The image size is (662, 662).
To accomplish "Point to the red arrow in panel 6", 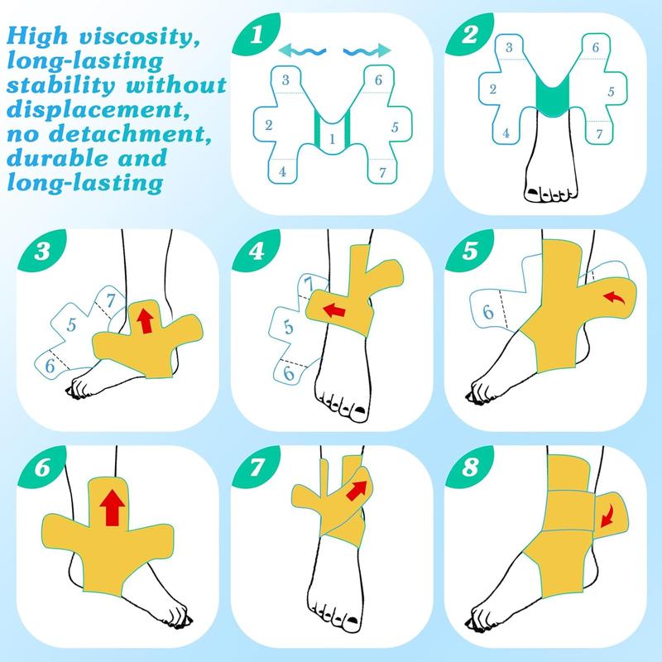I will click(108, 506).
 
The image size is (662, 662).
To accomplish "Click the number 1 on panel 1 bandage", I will click(332, 140).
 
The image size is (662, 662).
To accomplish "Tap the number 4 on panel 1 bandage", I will click(283, 172).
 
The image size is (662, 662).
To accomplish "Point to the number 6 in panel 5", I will click(489, 313).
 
